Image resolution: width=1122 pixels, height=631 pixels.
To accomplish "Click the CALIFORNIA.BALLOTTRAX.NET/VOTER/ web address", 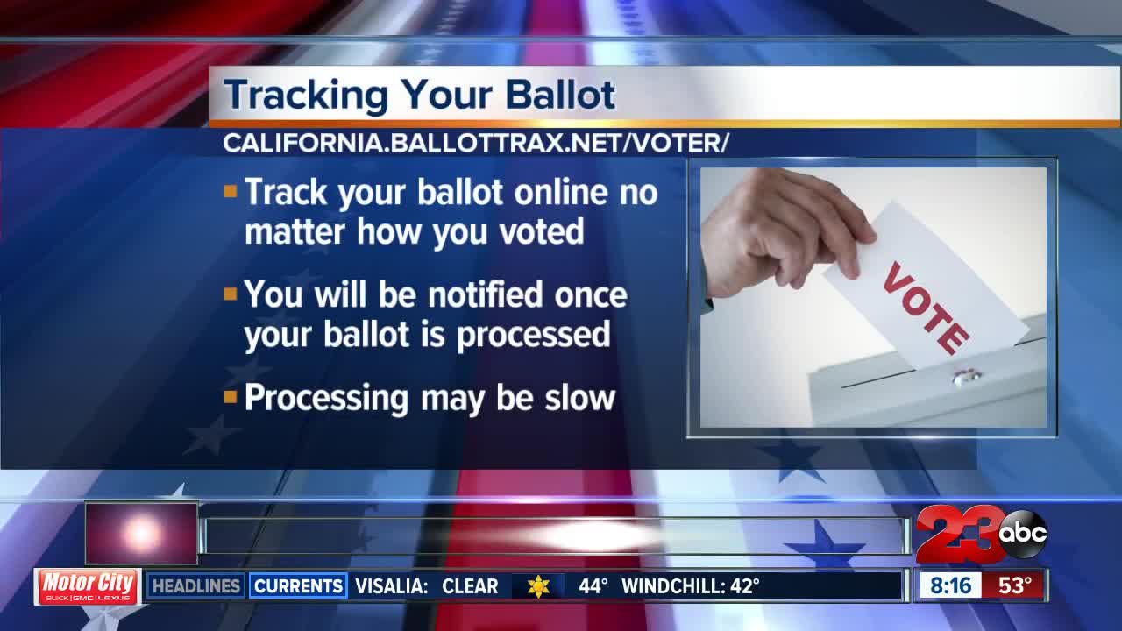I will coord(476,144).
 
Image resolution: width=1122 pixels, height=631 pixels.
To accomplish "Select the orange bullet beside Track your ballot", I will coord(231,190).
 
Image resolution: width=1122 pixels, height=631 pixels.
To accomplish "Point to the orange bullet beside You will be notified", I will coord(231,294).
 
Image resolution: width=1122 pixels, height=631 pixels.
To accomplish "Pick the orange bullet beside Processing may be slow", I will coord(231,397).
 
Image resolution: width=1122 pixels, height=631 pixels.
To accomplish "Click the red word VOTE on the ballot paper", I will coord(926,306).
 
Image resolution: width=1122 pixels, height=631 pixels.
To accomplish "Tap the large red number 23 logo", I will coord(957,535).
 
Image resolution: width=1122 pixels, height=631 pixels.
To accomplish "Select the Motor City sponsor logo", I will coord(88,585).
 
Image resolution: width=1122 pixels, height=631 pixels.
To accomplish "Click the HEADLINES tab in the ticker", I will coord(195,585).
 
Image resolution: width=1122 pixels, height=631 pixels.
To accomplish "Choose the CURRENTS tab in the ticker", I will coord(297,585).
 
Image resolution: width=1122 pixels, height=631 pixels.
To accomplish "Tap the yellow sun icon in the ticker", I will coord(538,586).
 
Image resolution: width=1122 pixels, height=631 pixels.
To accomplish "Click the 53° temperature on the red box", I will coord(1014,585).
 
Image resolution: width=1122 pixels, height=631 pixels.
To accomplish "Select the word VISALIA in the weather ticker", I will coord(391,585).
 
